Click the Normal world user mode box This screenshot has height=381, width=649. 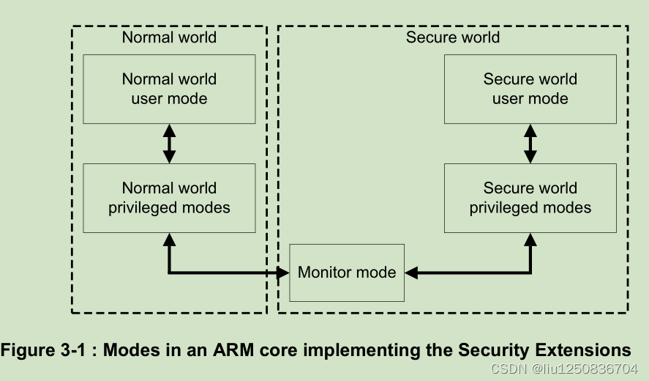[x=169, y=89]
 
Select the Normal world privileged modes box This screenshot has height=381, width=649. [x=169, y=198]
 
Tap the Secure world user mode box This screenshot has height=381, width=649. [x=530, y=89]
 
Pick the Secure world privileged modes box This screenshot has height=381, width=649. [x=530, y=198]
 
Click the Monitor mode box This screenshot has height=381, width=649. [x=347, y=273]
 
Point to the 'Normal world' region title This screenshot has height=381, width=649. [x=169, y=37]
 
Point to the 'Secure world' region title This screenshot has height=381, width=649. [x=453, y=37]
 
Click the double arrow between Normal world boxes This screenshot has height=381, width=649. [x=169, y=144]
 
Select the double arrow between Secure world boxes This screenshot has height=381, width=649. [x=530, y=144]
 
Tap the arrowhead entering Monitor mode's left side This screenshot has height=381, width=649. [x=283, y=273]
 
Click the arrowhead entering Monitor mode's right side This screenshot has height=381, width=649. [x=411, y=273]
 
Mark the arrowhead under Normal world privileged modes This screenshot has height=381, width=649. [x=169, y=240]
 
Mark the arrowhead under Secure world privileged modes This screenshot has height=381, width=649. [x=530, y=240]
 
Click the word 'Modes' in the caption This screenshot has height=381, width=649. [x=130, y=349]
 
